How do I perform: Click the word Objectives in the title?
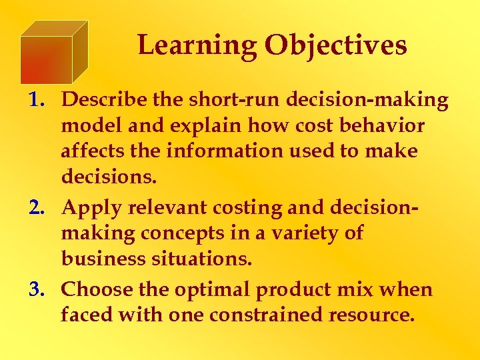point(335,45)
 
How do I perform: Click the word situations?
point(204,259)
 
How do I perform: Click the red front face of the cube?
point(45,60)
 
